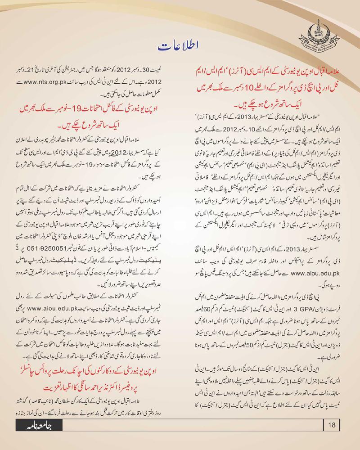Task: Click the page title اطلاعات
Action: pyautogui.click(x=180, y=45)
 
